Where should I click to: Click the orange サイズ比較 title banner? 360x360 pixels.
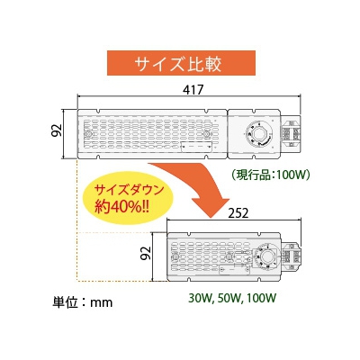(182, 63)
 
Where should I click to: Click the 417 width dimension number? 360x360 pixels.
(193, 90)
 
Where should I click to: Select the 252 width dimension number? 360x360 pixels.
(238, 213)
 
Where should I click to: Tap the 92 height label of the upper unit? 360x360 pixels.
(57, 130)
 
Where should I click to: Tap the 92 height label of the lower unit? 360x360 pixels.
(146, 253)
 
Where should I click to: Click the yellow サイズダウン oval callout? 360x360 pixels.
(128, 199)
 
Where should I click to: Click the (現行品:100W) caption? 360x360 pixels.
(270, 175)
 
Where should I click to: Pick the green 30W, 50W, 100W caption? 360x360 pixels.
(232, 298)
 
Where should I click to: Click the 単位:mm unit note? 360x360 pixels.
(82, 301)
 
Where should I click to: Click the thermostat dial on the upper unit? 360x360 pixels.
(258, 134)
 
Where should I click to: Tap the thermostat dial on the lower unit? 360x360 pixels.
(265, 256)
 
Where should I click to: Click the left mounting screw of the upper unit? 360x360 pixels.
(88, 134)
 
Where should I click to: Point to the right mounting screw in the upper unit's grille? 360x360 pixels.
(206, 134)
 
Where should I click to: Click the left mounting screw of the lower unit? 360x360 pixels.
(175, 256)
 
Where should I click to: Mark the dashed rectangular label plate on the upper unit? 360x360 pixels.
(196, 146)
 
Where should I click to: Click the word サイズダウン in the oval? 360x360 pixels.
(130, 190)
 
